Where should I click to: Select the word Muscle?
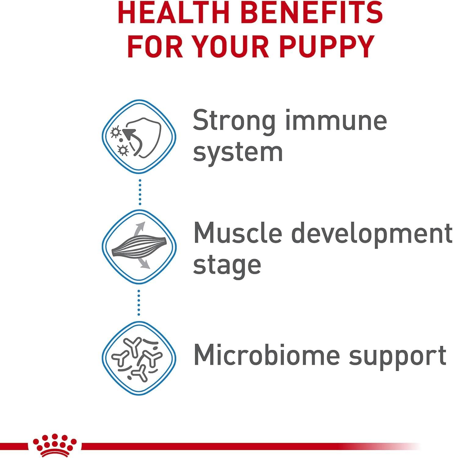(x=238, y=233)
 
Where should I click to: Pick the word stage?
(x=227, y=266)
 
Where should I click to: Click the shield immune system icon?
(x=139, y=136)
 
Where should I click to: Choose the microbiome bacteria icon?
(x=139, y=358)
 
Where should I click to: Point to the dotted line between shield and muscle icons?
(x=140, y=192)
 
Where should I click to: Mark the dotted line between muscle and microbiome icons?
(x=139, y=303)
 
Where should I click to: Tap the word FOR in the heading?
(x=155, y=46)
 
